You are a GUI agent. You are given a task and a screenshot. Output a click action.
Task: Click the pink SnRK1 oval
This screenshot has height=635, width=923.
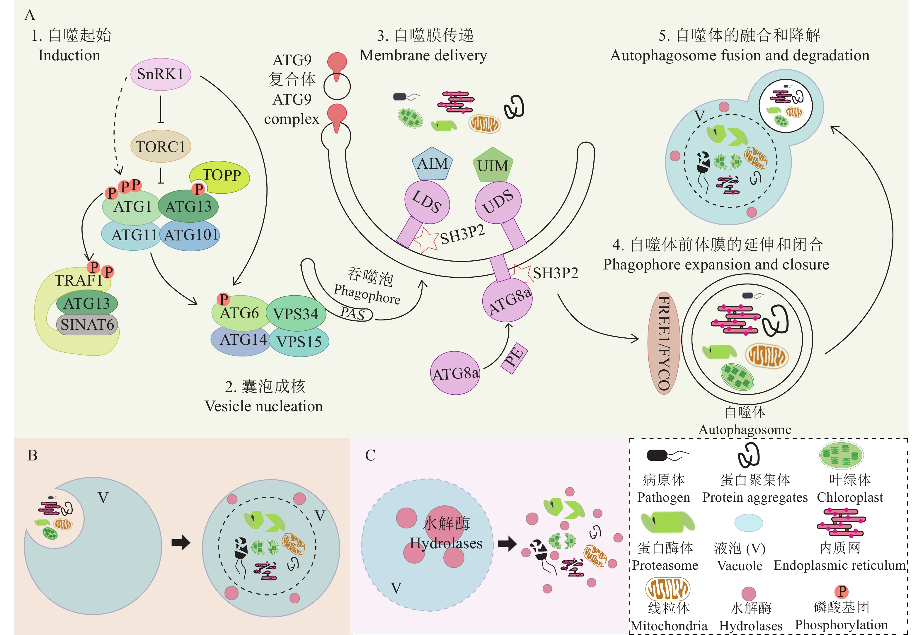point(160,74)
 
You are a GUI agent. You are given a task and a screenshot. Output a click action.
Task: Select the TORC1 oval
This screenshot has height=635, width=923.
point(160,146)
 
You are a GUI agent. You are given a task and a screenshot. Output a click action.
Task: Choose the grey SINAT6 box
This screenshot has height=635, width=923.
point(87,325)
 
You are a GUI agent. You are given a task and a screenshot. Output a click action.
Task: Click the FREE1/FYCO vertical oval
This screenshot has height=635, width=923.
point(663,343)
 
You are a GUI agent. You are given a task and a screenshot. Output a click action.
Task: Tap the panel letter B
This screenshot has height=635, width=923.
point(32,455)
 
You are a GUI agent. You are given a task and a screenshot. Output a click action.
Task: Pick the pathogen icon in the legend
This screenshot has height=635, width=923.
point(665,455)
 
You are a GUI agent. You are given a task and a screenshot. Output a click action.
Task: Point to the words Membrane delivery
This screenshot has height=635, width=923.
point(423,56)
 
